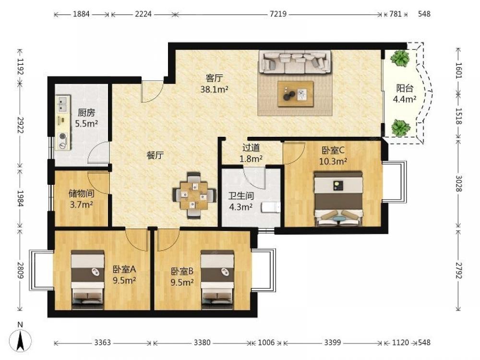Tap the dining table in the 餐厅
193,195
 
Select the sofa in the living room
295,62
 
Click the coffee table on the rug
296,94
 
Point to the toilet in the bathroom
271,207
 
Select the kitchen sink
62,104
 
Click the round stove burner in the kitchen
63,136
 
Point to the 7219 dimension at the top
278,14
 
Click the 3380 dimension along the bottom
202,343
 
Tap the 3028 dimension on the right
458,184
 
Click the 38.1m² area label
214,89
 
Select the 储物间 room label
82,193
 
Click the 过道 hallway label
251,148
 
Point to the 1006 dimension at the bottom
266,343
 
